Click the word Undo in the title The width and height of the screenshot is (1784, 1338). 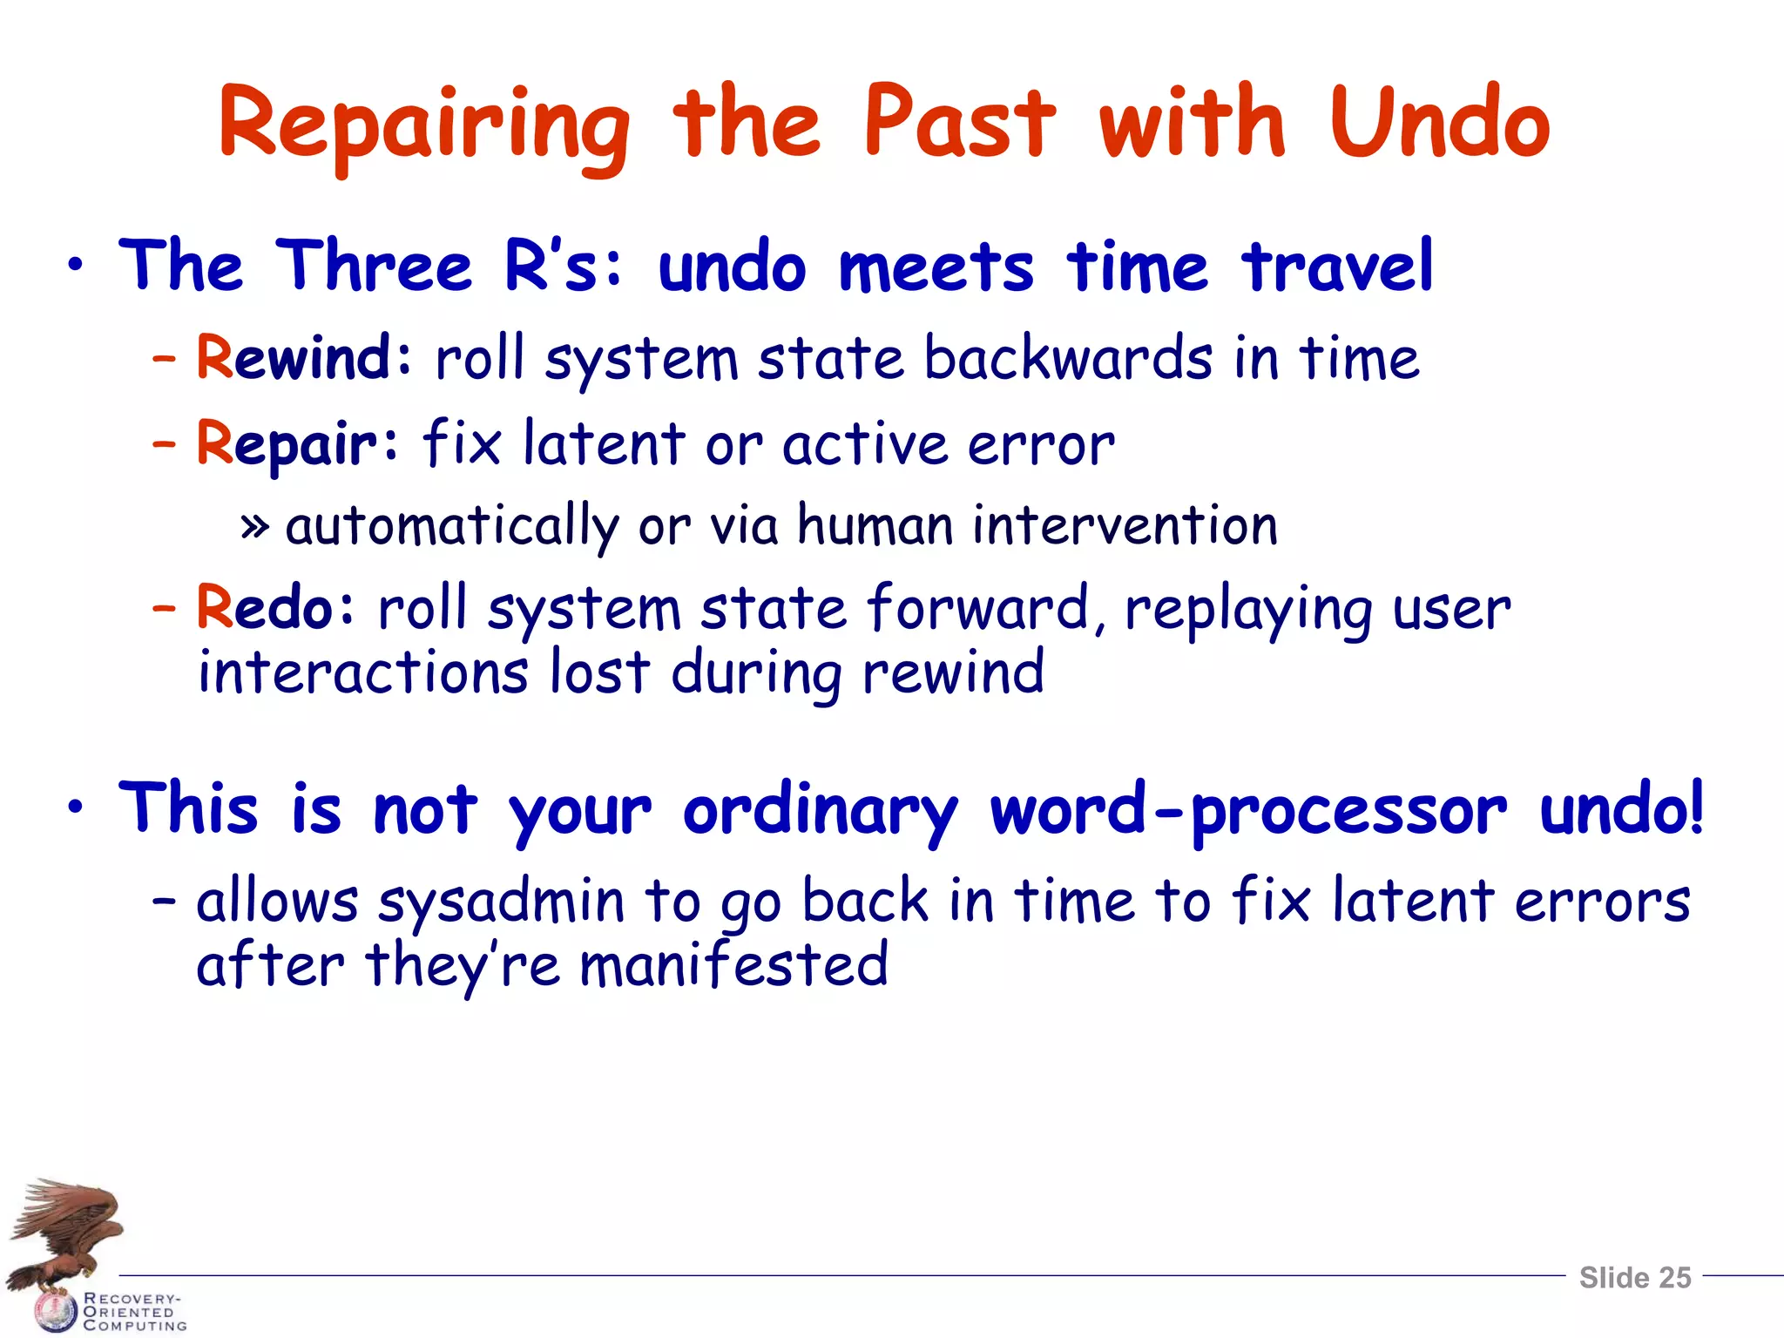(1439, 124)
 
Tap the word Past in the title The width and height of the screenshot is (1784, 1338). (959, 124)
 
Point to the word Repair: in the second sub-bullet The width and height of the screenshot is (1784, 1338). (297, 444)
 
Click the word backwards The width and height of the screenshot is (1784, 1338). (1068, 358)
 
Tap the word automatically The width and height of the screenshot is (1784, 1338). (452, 527)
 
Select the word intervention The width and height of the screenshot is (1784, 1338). (1125, 526)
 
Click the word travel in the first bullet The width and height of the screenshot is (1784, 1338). (1337, 266)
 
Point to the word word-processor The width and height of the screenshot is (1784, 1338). (1248, 810)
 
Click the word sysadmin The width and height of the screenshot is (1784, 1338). (501, 902)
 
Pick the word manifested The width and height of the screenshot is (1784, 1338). (733, 965)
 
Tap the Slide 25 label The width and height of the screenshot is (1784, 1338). (1634, 1278)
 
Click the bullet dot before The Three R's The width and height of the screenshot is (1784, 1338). (77, 266)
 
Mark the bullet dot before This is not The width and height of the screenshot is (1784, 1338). (77, 808)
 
